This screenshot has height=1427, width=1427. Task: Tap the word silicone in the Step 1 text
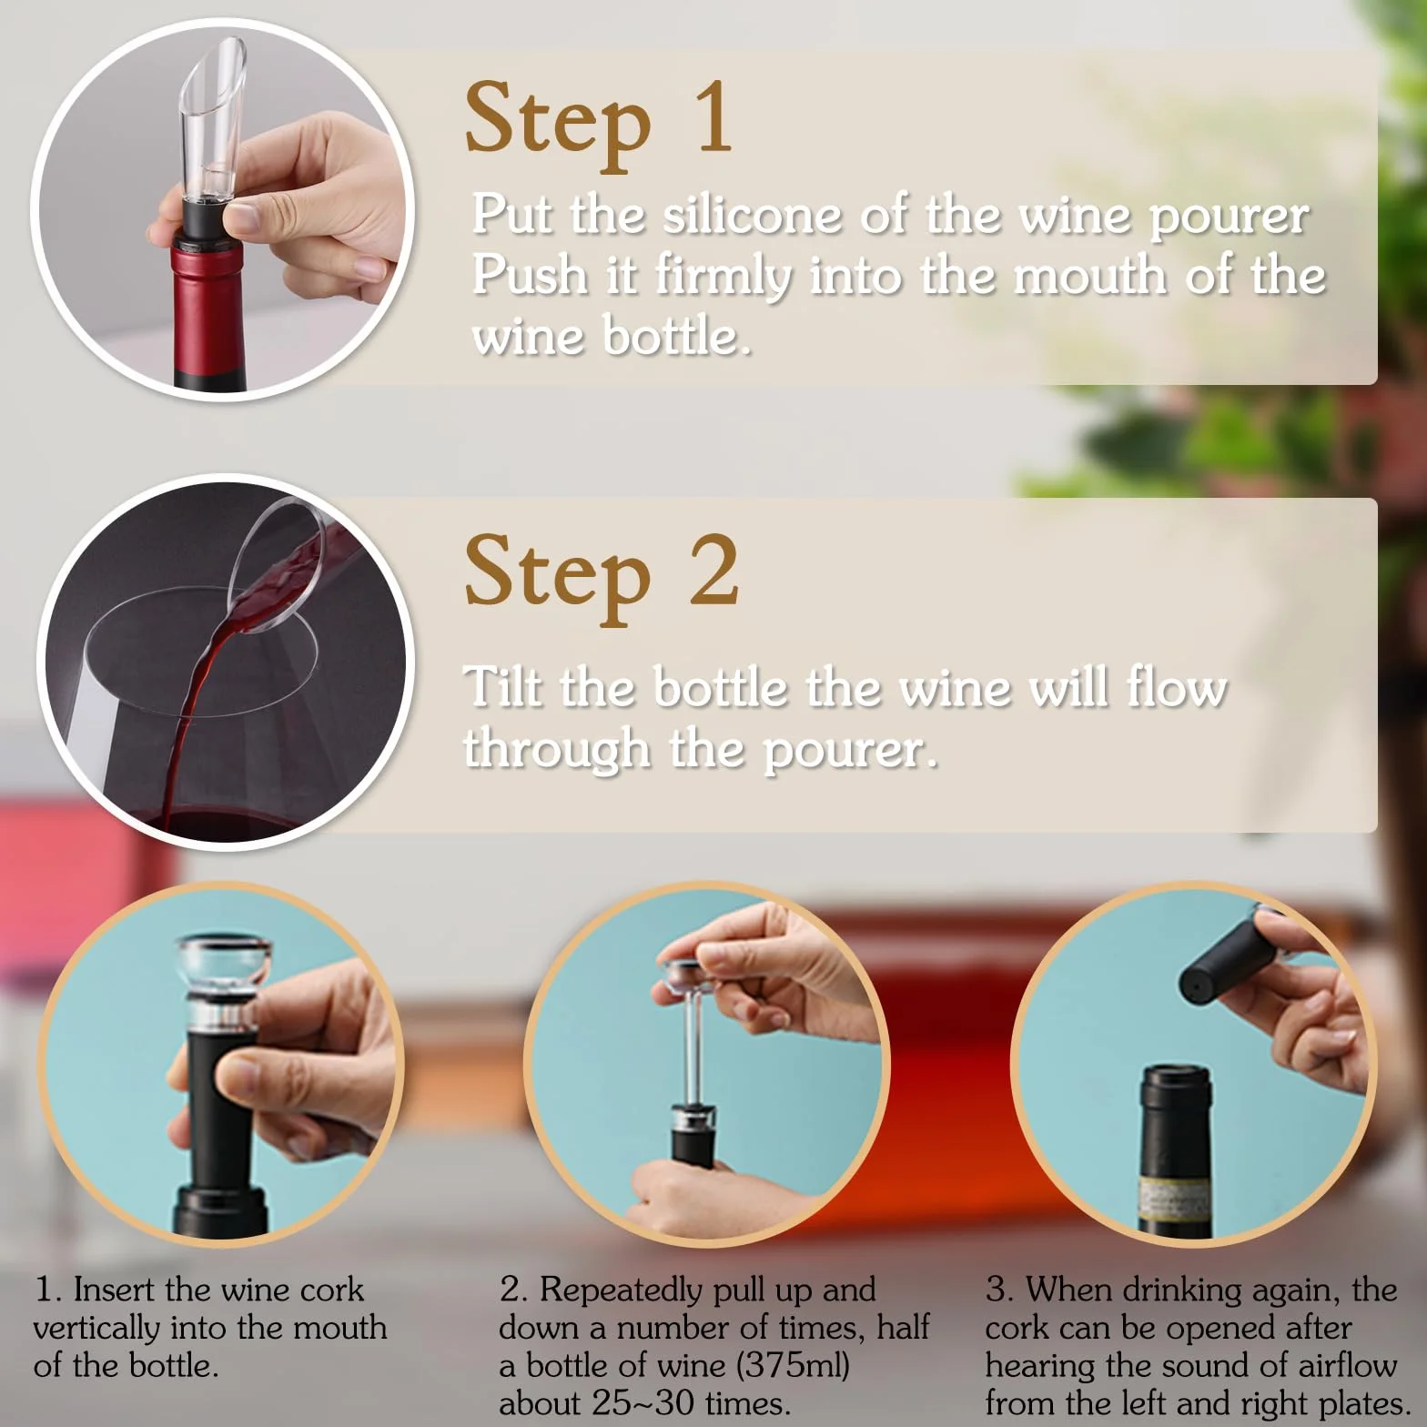753,216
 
